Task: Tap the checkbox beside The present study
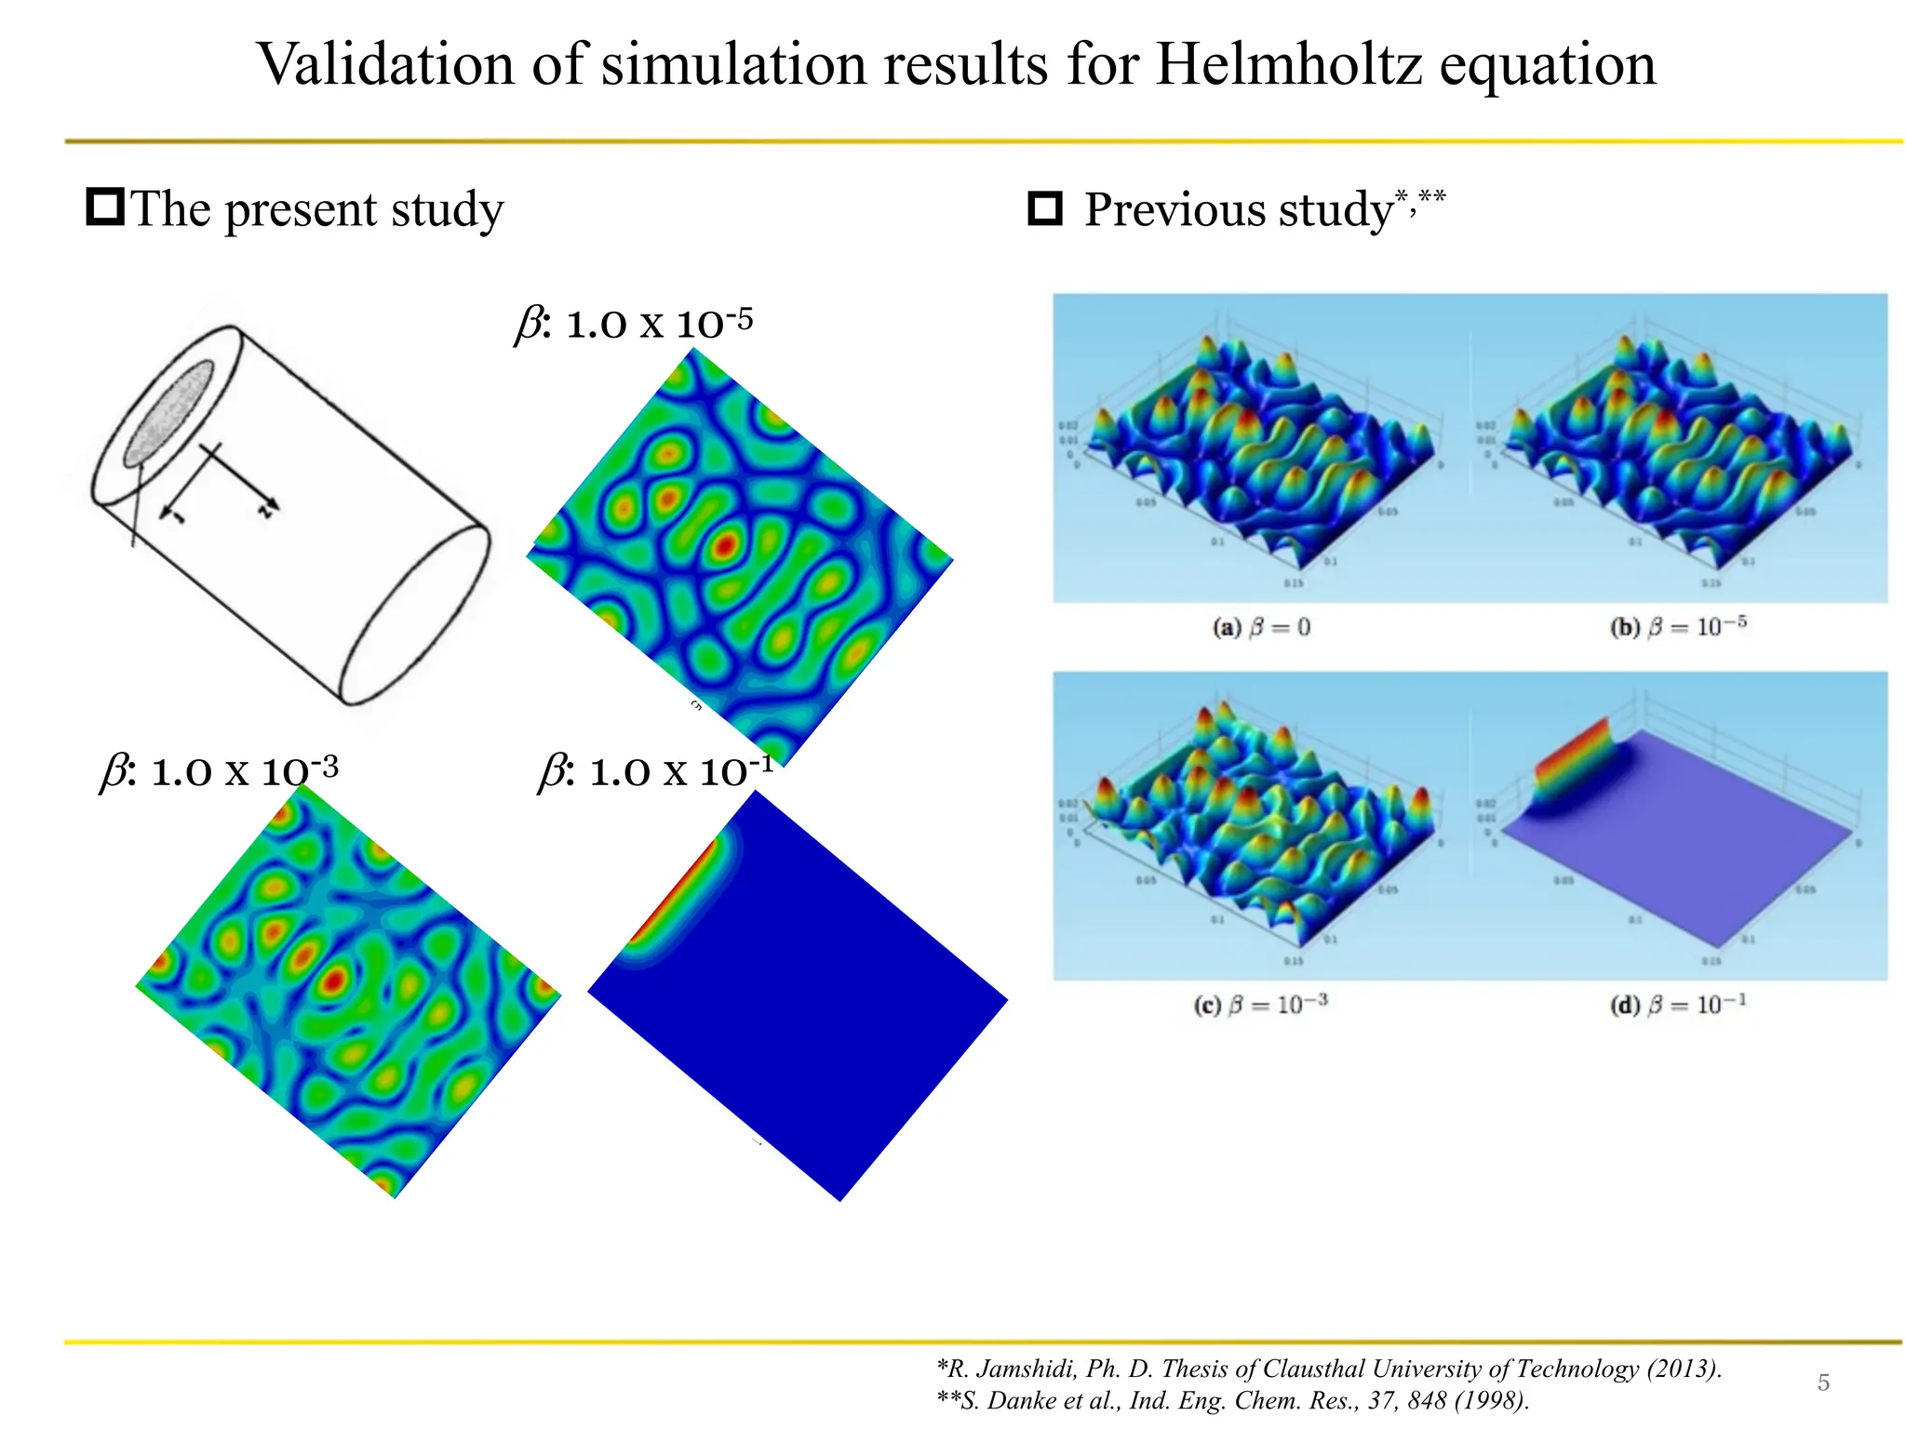[105, 207]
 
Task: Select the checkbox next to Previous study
[1045, 208]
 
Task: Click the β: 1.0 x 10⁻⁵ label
[634, 324]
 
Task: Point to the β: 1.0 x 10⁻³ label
[220, 771]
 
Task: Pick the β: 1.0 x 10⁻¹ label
[657, 771]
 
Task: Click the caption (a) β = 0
[1261, 627]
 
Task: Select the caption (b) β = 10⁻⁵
[1678, 626]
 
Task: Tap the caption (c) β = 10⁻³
[1261, 1005]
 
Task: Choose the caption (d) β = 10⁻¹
[1678, 1005]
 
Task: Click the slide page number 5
[1823, 1382]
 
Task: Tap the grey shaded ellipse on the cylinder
[169, 413]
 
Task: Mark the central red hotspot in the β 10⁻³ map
[334, 980]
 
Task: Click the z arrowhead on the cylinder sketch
[268, 508]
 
